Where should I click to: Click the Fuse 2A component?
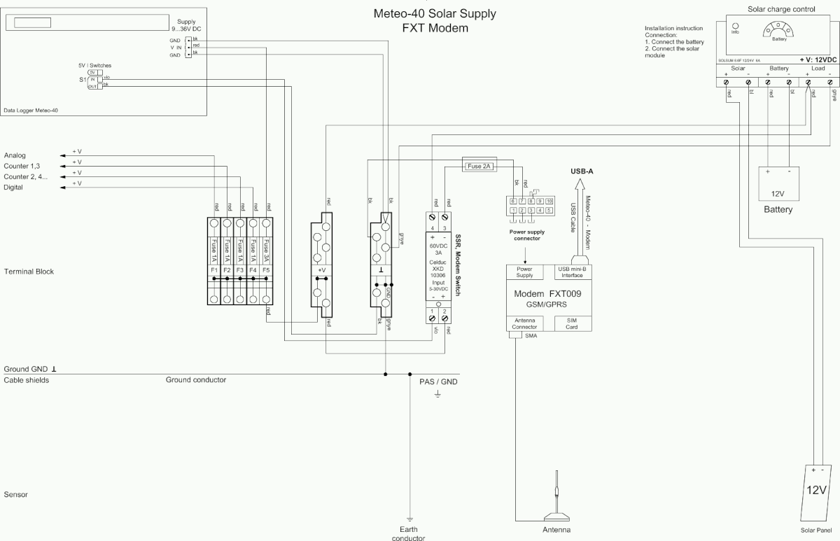click(x=479, y=166)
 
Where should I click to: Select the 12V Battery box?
click(x=778, y=183)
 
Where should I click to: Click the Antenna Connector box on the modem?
click(x=524, y=323)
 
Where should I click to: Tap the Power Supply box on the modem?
click(x=524, y=272)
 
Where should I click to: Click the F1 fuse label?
click(x=214, y=269)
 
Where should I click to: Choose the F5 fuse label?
click(x=267, y=269)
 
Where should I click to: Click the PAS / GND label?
click(x=437, y=382)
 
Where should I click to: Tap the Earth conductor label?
click(x=407, y=533)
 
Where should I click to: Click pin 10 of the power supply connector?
click(x=549, y=201)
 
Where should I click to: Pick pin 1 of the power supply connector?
click(x=513, y=210)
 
